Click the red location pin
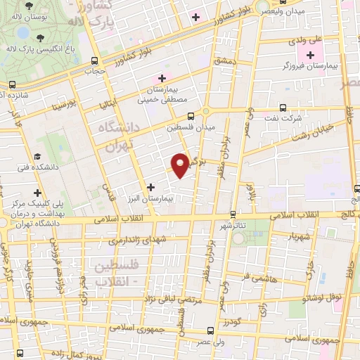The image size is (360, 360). point(181,165)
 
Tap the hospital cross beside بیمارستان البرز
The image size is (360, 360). point(151,186)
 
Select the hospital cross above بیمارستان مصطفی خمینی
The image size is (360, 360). point(162,77)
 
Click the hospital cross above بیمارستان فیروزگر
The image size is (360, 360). point(310,55)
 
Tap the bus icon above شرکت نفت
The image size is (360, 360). point(283,108)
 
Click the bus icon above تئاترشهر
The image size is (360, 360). point(233,214)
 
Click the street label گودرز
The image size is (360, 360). point(233,322)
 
